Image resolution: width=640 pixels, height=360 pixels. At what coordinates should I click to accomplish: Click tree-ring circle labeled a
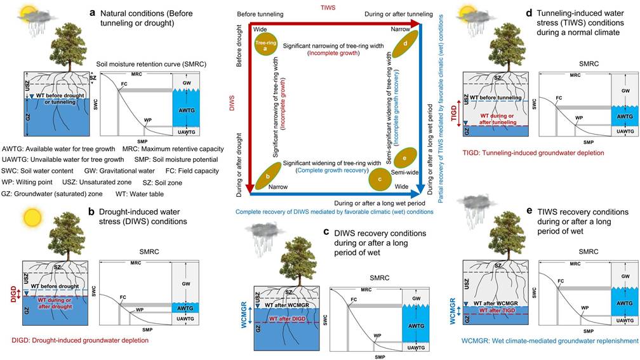(265, 44)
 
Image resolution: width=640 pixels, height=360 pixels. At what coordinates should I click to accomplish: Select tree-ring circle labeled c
(380, 180)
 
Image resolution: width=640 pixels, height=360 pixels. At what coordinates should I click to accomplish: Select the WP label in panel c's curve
(377, 335)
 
